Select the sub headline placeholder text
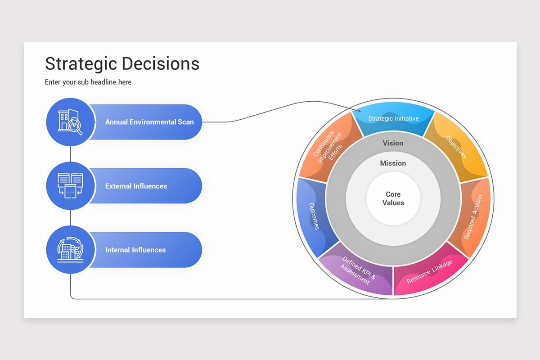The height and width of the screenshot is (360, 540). (x=88, y=82)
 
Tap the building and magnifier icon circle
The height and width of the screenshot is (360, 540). (x=71, y=122)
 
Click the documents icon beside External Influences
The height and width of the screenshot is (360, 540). (x=71, y=185)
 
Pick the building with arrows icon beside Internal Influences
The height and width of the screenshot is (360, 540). (x=71, y=249)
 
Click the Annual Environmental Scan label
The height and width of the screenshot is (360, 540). (x=149, y=122)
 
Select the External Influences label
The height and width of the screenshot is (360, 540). (x=136, y=186)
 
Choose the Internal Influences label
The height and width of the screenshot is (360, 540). (x=135, y=250)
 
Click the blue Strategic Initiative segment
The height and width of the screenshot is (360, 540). (x=393, y=119)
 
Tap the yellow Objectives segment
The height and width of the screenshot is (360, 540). (x=456, y=147)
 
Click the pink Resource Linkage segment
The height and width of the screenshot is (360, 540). (x=429, y=271)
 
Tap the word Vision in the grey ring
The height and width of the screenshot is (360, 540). (x=393, y=143)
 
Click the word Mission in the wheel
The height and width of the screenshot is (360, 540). (x=393, y=163)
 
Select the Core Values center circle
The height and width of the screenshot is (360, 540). (x=393, y=198)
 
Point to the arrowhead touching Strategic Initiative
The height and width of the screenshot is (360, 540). (x=359, y=111)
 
